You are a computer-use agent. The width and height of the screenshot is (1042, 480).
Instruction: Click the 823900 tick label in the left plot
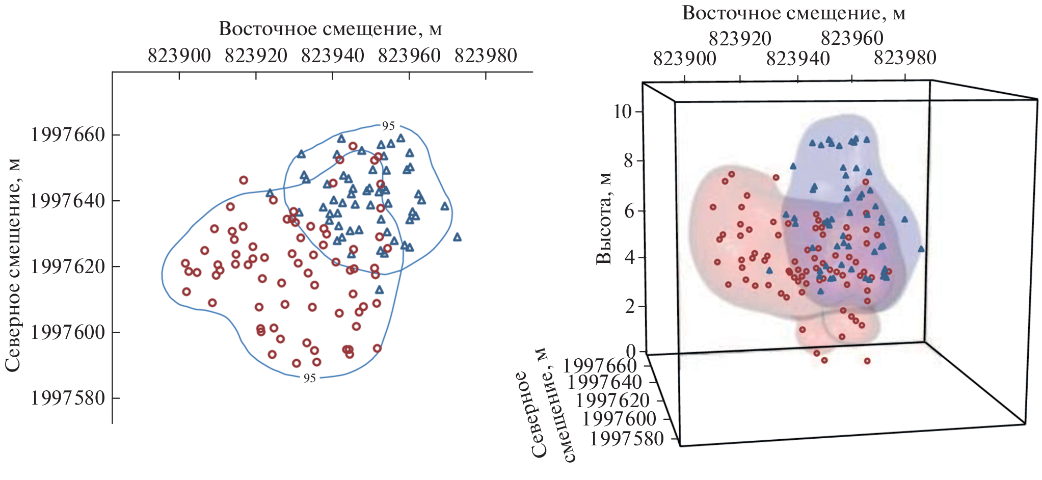[179, 56]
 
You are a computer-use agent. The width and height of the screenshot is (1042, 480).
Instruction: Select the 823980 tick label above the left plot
[486, 56]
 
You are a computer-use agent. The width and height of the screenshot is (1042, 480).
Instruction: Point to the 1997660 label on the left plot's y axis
[68, 135]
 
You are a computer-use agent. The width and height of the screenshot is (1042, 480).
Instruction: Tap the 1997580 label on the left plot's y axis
[68, 398]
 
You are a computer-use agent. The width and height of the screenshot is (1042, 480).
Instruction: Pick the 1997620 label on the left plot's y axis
[68, 266]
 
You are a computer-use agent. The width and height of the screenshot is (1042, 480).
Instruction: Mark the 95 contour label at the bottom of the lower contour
[310, 378]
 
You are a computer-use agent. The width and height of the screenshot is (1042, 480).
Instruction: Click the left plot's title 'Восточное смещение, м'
[330, 29]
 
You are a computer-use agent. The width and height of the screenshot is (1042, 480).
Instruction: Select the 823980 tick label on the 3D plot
[905, 58]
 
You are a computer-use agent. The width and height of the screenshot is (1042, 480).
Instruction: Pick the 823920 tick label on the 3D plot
[740, 38]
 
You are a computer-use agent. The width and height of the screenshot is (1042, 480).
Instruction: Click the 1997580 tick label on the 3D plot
[627, 438]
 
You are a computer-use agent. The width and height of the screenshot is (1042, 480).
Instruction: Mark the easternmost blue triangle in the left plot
[457, 237]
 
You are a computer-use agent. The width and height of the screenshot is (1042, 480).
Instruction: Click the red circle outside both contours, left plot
[244, 180]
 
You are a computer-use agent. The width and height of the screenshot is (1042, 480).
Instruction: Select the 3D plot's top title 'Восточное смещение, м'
[794, 13]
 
